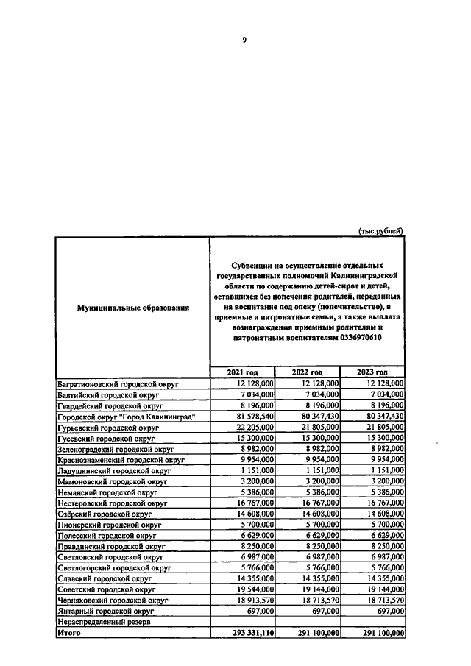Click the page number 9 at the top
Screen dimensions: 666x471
coord(244,40)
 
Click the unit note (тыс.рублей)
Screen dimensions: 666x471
coord(380,230)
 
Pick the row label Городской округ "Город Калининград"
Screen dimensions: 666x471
coord(126,416)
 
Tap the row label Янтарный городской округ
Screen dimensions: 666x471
coord(105,612)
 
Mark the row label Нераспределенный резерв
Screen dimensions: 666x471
coord(104,622)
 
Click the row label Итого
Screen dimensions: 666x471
coord(70,632)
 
